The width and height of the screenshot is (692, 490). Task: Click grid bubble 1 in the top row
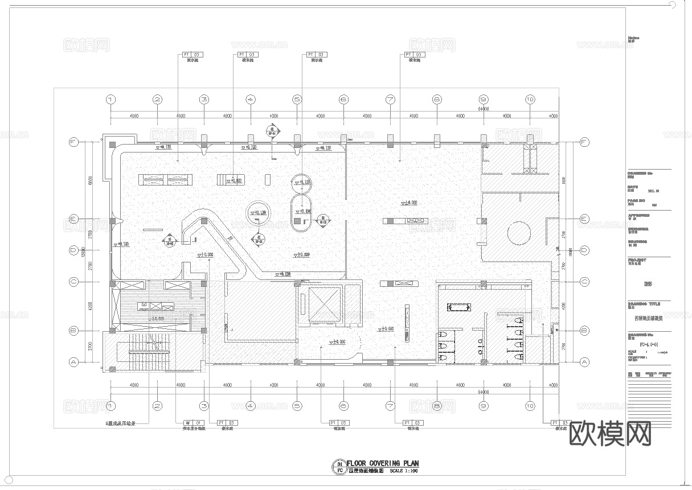[x=110, y=100]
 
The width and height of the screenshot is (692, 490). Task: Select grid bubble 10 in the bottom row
[x=530, y=406]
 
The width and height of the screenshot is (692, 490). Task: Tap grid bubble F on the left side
[x=73, y=143]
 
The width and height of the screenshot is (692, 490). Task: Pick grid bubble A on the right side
[x=584, y=361]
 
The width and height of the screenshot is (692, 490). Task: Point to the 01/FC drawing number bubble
[x=339, y=467]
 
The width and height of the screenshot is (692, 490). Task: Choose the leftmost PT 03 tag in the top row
[x=193, y=55]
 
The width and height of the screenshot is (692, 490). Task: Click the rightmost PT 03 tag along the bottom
[x=560, y=423]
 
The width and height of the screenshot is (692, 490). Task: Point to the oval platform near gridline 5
[x=302, y=213]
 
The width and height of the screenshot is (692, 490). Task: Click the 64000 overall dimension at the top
[x=484, y=108]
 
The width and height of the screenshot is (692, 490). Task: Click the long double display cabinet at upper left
[x=166, y=179]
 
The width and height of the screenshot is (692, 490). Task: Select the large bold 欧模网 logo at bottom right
[x=610, y=434]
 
